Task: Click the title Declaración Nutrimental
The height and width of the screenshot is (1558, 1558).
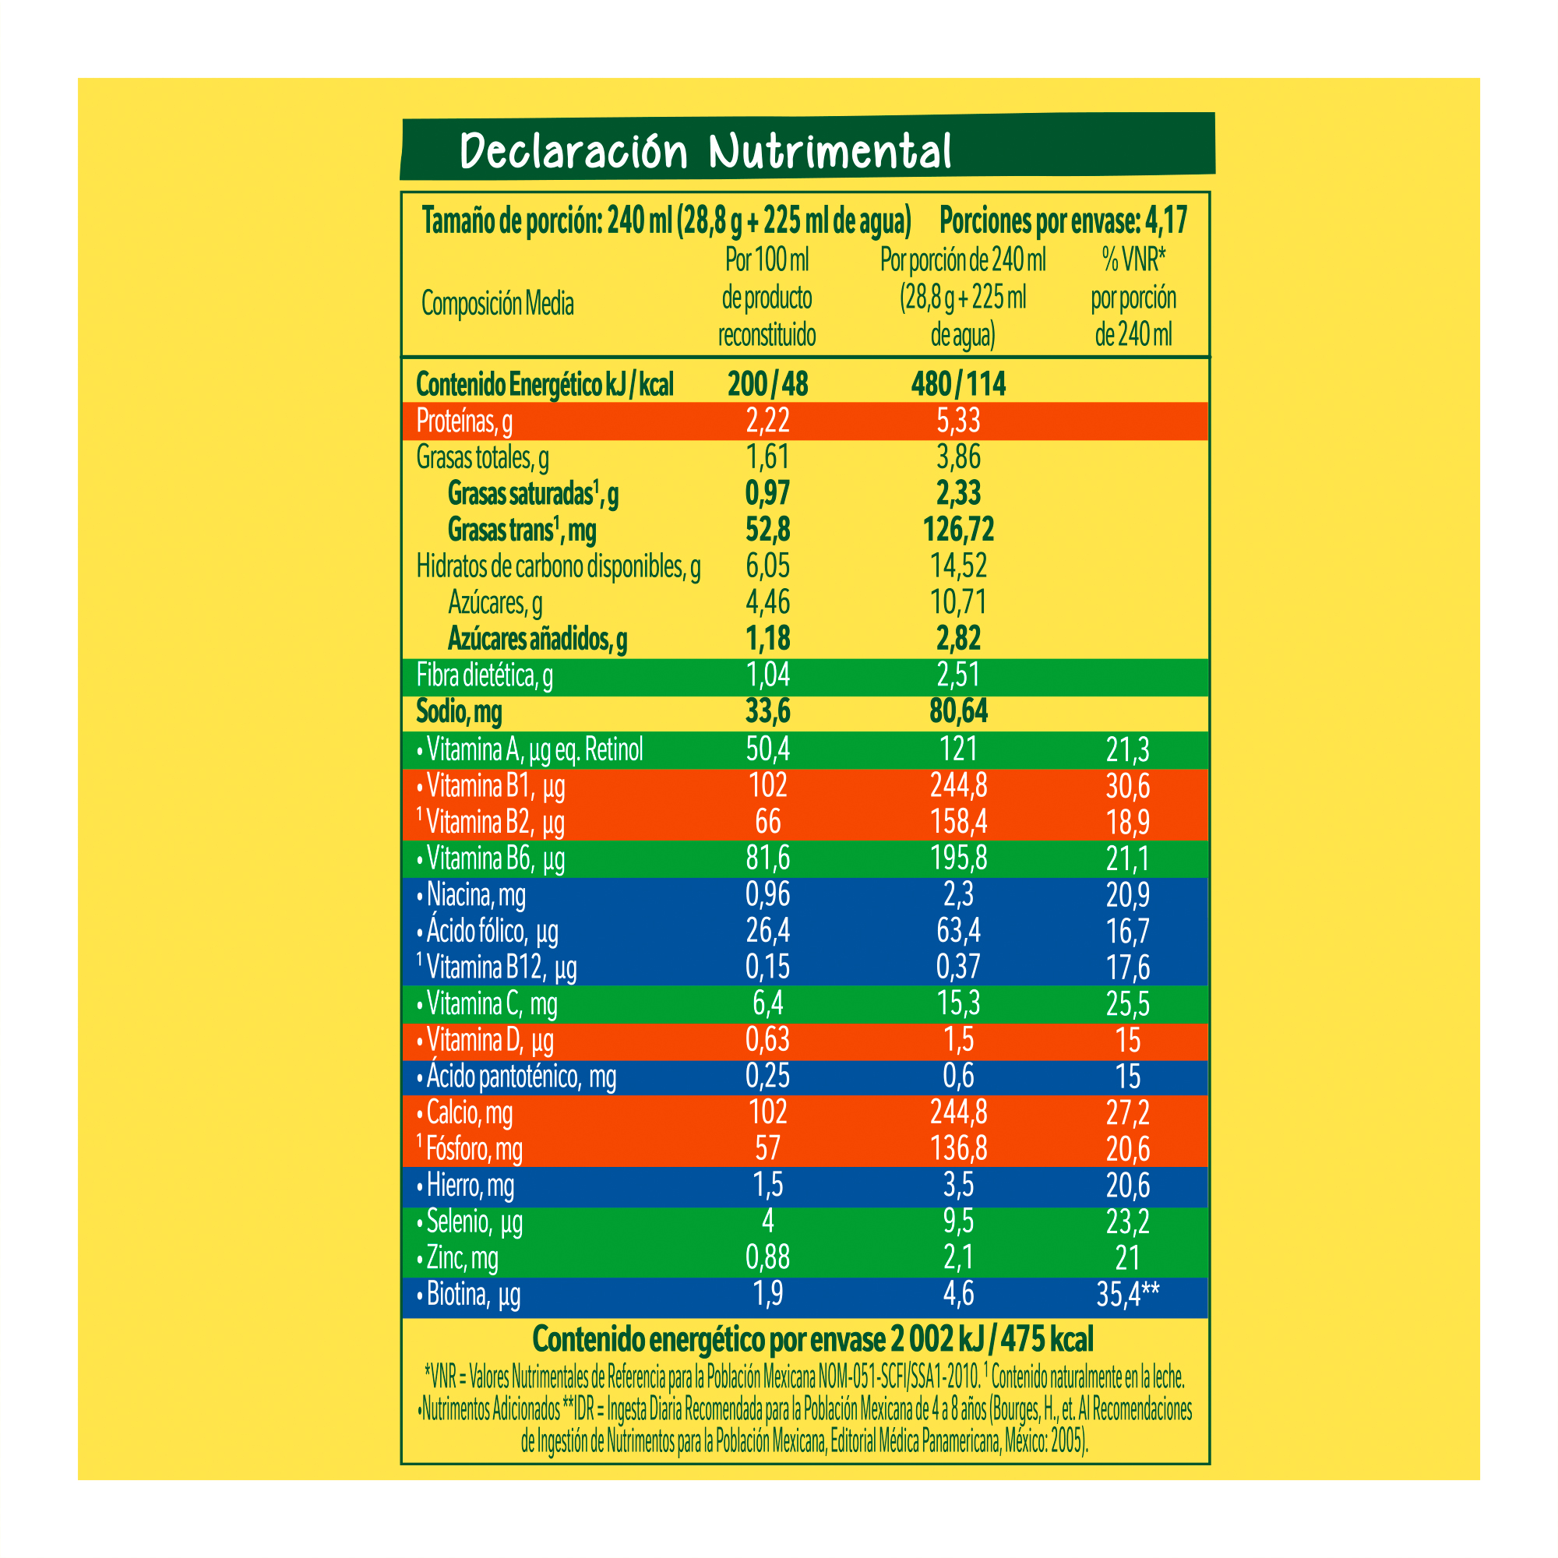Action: pyautogui.click(x=706, y=151)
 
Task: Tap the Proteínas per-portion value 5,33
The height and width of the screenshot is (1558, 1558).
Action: pyautogui.click(x=958, y=421)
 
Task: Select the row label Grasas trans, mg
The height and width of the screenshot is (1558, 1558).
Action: pyautogui.click(x=522, y=530)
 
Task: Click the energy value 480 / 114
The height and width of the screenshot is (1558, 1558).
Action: pyautogui.click(x=958, y=384)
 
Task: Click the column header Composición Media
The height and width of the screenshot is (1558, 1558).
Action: pyautogui.click(x=498, y=304)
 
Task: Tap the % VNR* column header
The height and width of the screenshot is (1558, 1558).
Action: pyautogui.click(x=1133, y=259)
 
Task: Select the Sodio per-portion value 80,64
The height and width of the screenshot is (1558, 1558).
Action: pyautogui.click(x=958, y=711)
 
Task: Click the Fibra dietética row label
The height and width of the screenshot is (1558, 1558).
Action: pyautogui.click(x=485, y=675)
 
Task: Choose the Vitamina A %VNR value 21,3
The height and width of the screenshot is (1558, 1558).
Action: pyautogui.click(x=1127, y=750)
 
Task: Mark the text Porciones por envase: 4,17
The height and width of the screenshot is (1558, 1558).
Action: pyautogui.click(x=1063, y=220)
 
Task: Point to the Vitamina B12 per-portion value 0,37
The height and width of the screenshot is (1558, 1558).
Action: pyautogui.click(x=958, y=967)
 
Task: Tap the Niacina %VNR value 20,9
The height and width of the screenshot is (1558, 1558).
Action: pyautogui.click(x=1127, y=895)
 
